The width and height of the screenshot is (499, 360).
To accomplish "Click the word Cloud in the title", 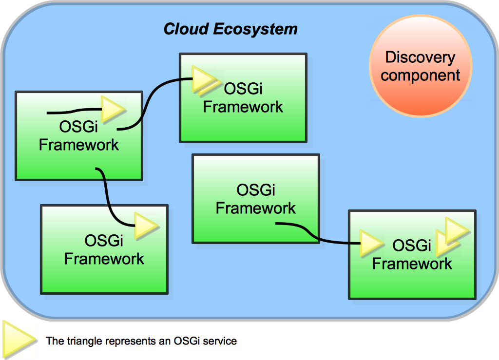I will click(186, 29).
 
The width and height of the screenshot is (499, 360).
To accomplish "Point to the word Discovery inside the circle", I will click(420, 57).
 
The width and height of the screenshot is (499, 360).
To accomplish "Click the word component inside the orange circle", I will click(420, 76).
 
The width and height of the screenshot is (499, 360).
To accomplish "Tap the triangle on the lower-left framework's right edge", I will click(146, 226).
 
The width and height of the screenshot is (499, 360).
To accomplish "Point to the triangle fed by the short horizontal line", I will click(113, 109).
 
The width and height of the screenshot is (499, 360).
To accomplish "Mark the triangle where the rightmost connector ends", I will click(371, 243).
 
